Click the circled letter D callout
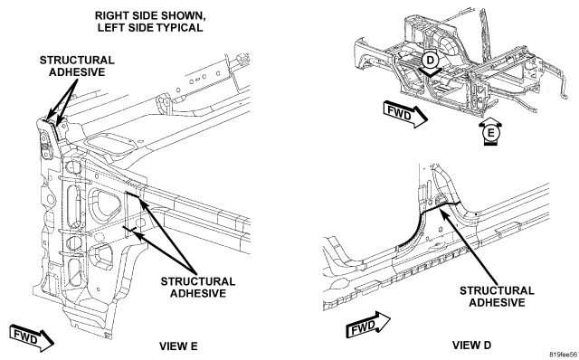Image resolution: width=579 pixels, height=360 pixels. point(431,60)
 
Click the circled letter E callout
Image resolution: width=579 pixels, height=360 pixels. point(490,132)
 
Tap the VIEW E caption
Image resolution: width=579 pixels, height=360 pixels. point(178,346)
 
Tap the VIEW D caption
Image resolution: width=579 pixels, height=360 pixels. point(471,345)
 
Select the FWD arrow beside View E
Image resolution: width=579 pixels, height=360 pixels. point(32,338)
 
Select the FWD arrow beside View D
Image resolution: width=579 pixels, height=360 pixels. point(368,325)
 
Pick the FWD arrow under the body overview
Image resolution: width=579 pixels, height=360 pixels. point(405,114)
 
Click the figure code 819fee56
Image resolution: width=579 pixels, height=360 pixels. point(563,355)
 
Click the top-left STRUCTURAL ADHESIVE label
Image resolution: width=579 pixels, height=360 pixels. point(77,66)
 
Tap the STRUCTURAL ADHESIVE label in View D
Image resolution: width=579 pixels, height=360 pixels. point(497,297)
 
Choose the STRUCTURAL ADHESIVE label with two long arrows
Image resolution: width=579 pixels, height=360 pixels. point(198,288)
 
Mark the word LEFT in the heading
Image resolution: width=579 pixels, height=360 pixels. point(109,28)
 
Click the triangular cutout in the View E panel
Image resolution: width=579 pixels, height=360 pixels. point(106,205)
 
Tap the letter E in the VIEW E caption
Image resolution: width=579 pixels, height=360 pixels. point(194,346)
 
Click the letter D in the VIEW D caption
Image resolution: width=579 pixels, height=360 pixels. point(487,345)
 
